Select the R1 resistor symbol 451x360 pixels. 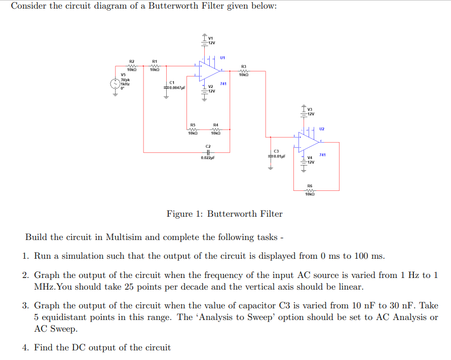click(155, 65)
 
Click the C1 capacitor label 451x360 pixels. click(172, 83)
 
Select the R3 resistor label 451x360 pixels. click(244, 66)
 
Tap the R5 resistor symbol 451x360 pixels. click(193, 129)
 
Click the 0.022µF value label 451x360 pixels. click(208, 158)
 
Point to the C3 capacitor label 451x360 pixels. click(276, 151)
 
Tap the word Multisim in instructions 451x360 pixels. click(122, 237)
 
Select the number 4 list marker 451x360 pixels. click(25, 347)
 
